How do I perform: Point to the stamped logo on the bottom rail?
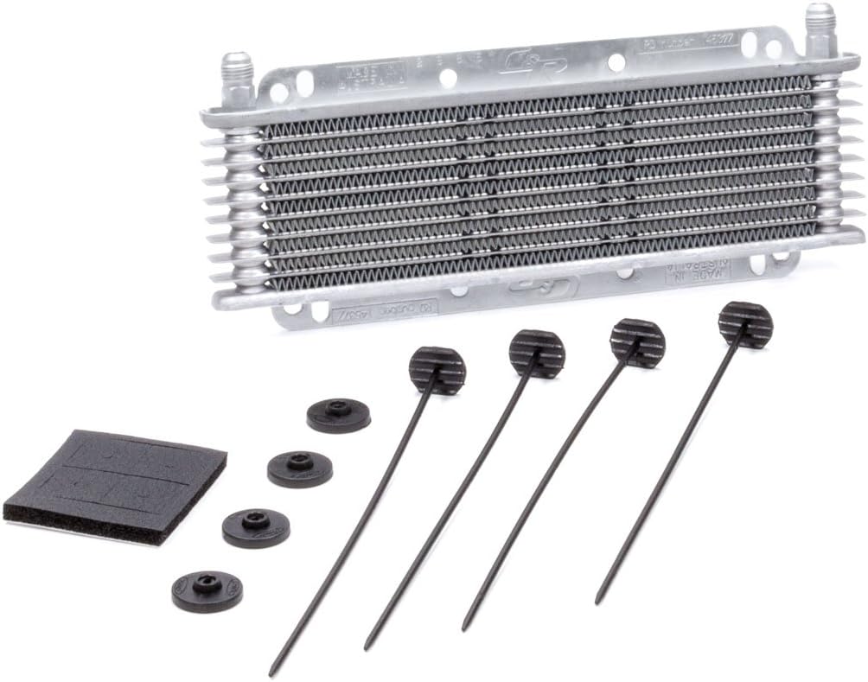531,285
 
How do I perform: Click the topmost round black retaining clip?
338,415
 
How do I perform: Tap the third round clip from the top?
256,526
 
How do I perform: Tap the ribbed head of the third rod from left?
637,341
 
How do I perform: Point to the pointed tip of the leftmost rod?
271,673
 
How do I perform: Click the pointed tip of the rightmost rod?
597,602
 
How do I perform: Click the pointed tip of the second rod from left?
367,647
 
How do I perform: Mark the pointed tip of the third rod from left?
464,628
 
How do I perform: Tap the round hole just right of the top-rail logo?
616,62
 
